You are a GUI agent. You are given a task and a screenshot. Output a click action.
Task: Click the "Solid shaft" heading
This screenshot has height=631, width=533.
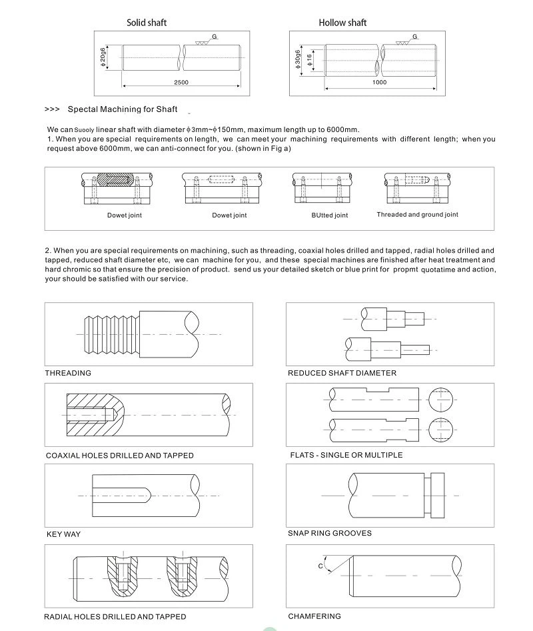[147, 23]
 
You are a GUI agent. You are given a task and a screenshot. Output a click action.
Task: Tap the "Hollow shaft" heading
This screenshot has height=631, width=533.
[342, 23]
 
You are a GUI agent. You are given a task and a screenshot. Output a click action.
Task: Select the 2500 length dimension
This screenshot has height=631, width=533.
[181, 83]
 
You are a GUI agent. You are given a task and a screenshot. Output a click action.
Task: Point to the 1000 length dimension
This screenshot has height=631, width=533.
[379, 83]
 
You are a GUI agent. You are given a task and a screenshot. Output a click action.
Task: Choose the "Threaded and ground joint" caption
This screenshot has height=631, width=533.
[417, 215]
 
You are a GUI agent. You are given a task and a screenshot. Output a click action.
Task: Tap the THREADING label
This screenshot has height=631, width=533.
[68, 373]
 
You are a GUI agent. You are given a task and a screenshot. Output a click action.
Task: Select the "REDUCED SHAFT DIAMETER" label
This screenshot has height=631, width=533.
[342, 373]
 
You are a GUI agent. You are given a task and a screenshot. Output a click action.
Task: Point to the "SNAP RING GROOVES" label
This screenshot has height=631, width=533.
[329, 534]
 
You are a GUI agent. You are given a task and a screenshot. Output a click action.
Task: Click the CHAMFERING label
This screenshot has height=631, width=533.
[314, 616]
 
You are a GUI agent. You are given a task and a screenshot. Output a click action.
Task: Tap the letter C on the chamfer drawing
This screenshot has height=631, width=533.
[320, 566]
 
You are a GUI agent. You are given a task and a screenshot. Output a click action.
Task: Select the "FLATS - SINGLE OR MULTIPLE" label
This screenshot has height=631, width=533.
[346, 456]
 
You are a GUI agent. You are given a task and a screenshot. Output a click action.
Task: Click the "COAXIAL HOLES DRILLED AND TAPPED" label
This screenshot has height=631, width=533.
[120, 456]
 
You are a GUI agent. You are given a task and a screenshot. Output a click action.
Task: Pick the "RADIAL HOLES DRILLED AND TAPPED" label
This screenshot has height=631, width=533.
[115, 617]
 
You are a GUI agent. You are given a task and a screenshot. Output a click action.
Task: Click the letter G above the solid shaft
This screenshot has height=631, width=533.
[215, 35]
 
